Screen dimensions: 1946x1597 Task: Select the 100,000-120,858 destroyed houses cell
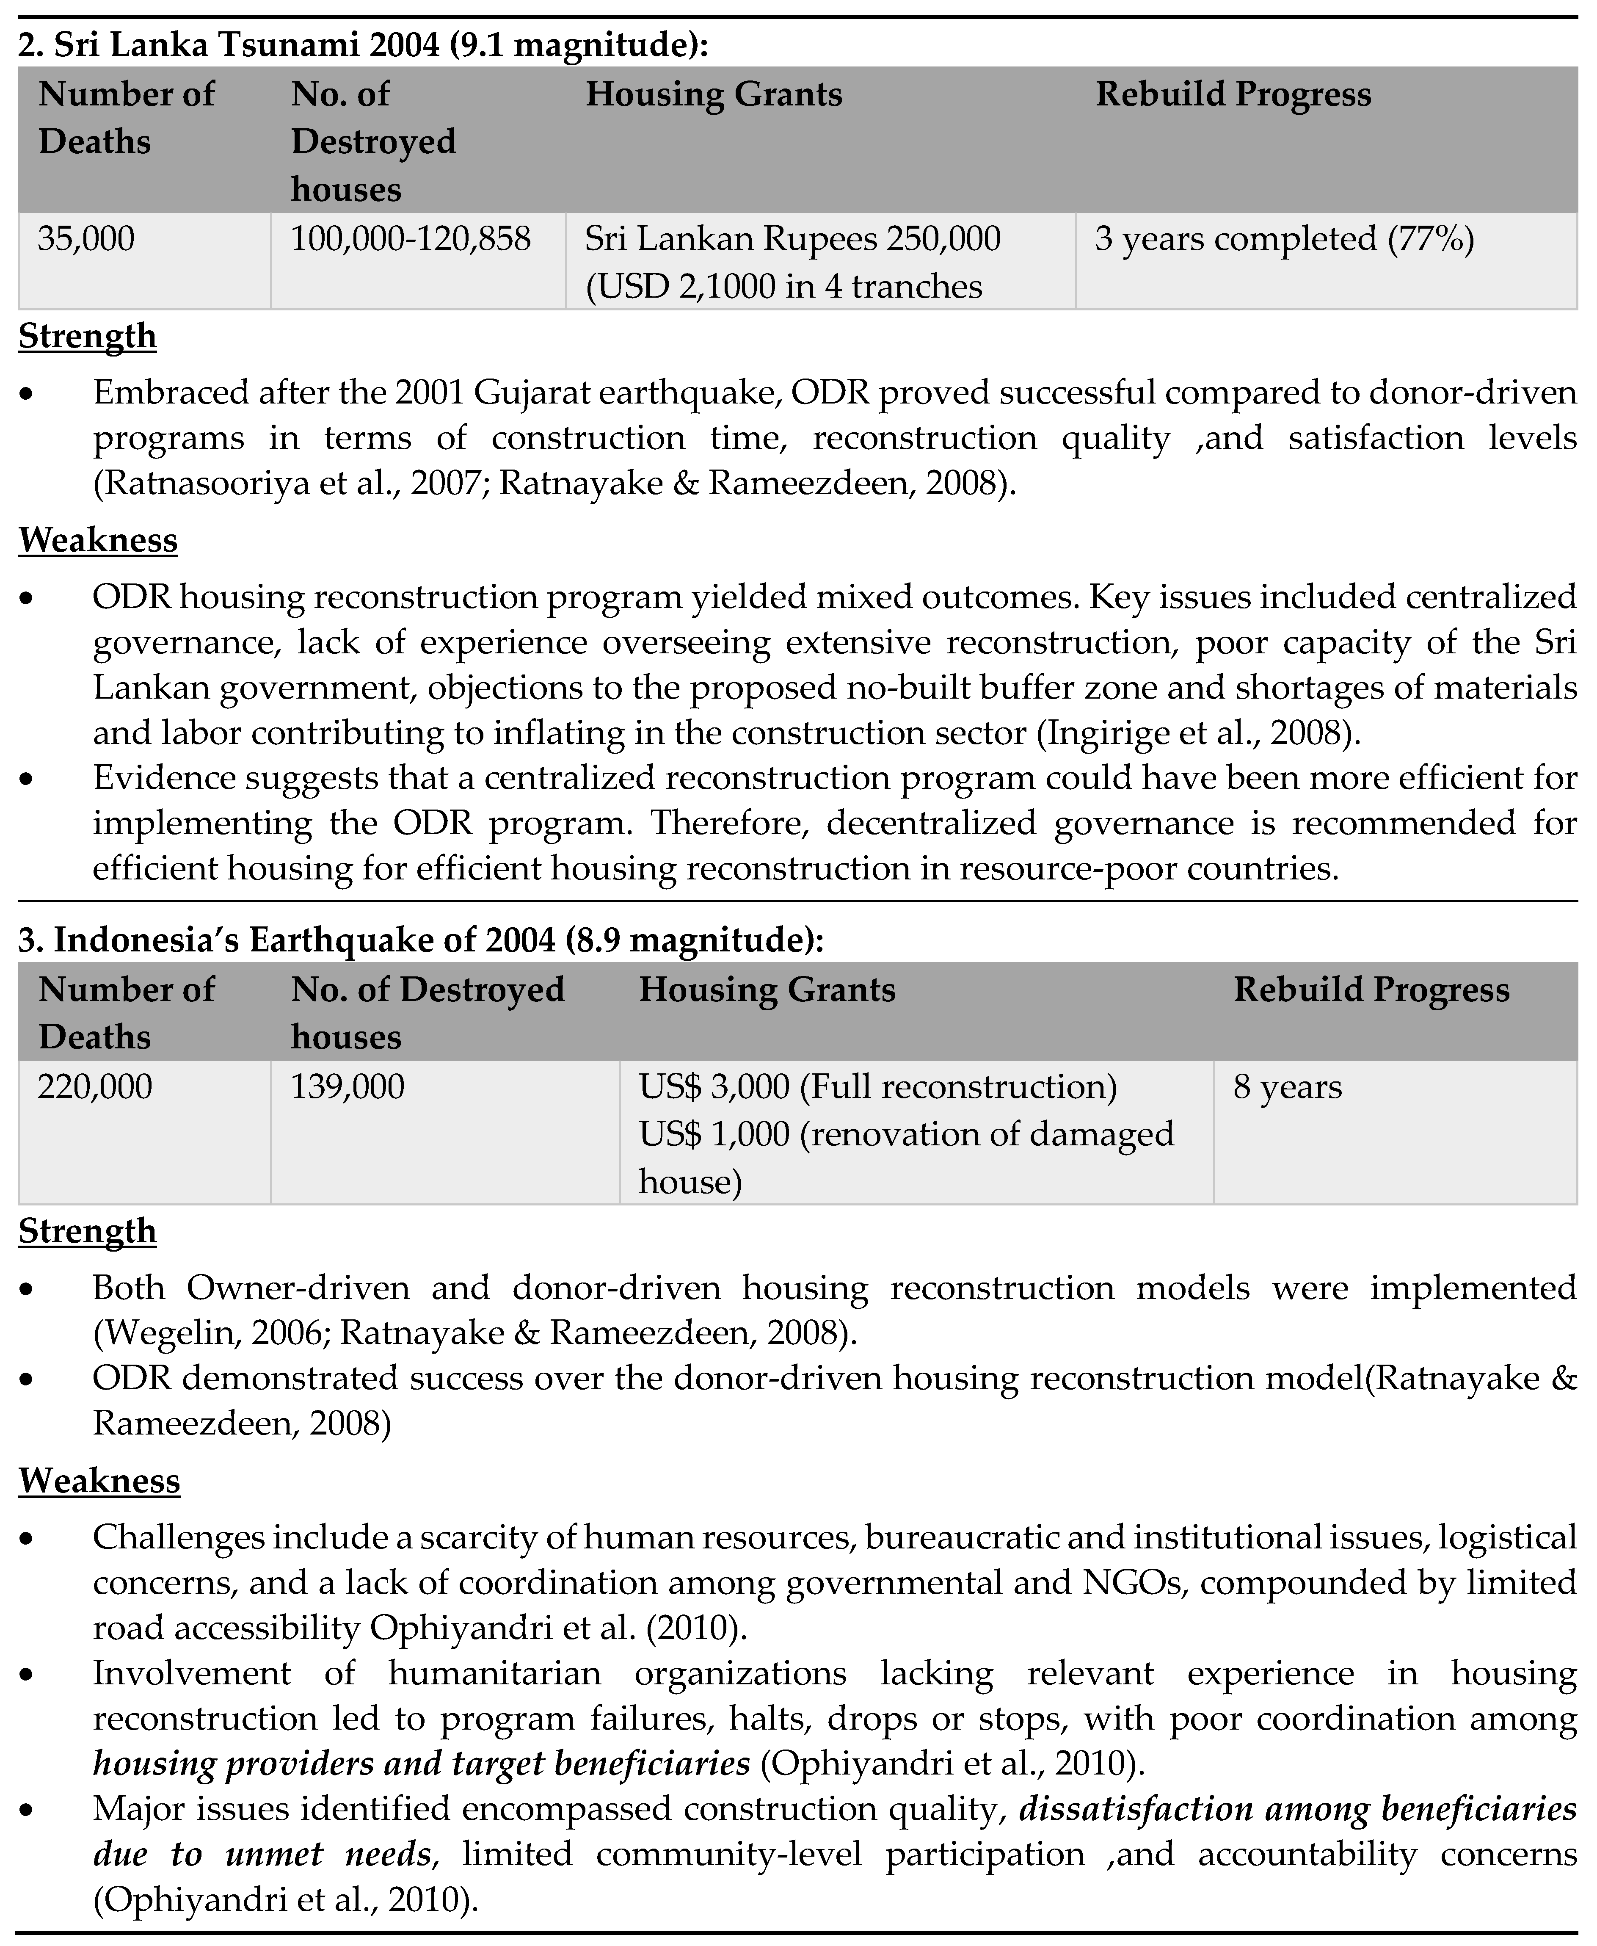pyautogui.click(x=410, y=239)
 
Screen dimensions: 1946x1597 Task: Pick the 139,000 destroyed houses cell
pyautogui.click(x=348, y=1086)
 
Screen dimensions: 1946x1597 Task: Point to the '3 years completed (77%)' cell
pyautogui.click(x=1284, y=239)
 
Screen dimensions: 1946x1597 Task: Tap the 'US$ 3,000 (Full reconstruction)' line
pyautogui.click(x=877, y=1086)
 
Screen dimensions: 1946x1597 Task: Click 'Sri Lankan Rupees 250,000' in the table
pyautogui.click(x=792, y=239)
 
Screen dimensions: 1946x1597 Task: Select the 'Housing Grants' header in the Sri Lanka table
pyautogui.click(x=714, y=95)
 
